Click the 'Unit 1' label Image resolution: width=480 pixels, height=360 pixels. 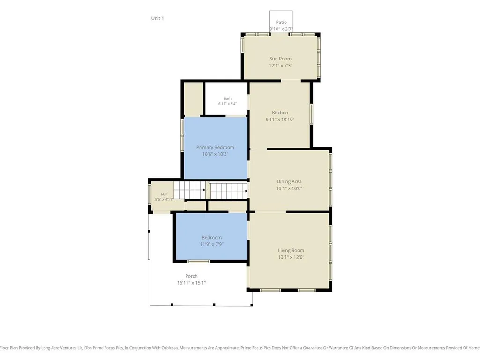pyautogui.click(x=157, y=18)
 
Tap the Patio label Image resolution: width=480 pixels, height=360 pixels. pyautogui.click(x=281, y=22)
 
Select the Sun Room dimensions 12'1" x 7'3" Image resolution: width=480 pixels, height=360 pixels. pyautogui.click(x=281, y=66)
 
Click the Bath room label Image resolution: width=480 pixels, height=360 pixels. pyautogui.click(x=227, y=98)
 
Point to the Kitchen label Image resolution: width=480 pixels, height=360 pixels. pyautogui.click(x=280, y=112)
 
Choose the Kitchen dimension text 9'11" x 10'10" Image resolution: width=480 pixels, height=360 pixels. pyautogui.click(x=280, y=120)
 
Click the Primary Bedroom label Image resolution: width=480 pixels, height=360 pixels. pyautogui.click(x=215, y=148)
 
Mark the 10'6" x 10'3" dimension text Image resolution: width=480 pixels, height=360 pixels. pyautogui.click(x=215, y=154)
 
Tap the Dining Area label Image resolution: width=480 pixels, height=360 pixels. pyautogui.click(x=289, y=181)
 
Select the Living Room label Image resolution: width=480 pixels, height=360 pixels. pyautogui.click(x=291, y=250)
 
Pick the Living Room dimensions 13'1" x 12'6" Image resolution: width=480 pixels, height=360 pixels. pyautogui.click(x=291, y=257)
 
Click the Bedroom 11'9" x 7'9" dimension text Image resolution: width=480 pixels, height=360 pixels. pyautogui.click(x=211, y=244)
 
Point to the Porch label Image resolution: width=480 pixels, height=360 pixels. pyautogui.click(x=191, y=276)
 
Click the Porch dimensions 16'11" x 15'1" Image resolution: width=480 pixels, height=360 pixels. pyautogui.click(x=191, y=283)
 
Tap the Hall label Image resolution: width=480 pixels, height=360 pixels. pyautogui.click(x=165, y=195)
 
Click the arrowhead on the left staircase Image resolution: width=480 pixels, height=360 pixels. pyautogui.click(x=204, y=190)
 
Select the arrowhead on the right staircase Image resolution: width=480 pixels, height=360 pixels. pyautogui.click(x=246, y=191)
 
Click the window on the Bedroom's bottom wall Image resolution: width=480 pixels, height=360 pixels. pyautogui.click(x=199, y=262)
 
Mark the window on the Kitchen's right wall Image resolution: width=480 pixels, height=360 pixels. pyautogui.click(x=311, y=114)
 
